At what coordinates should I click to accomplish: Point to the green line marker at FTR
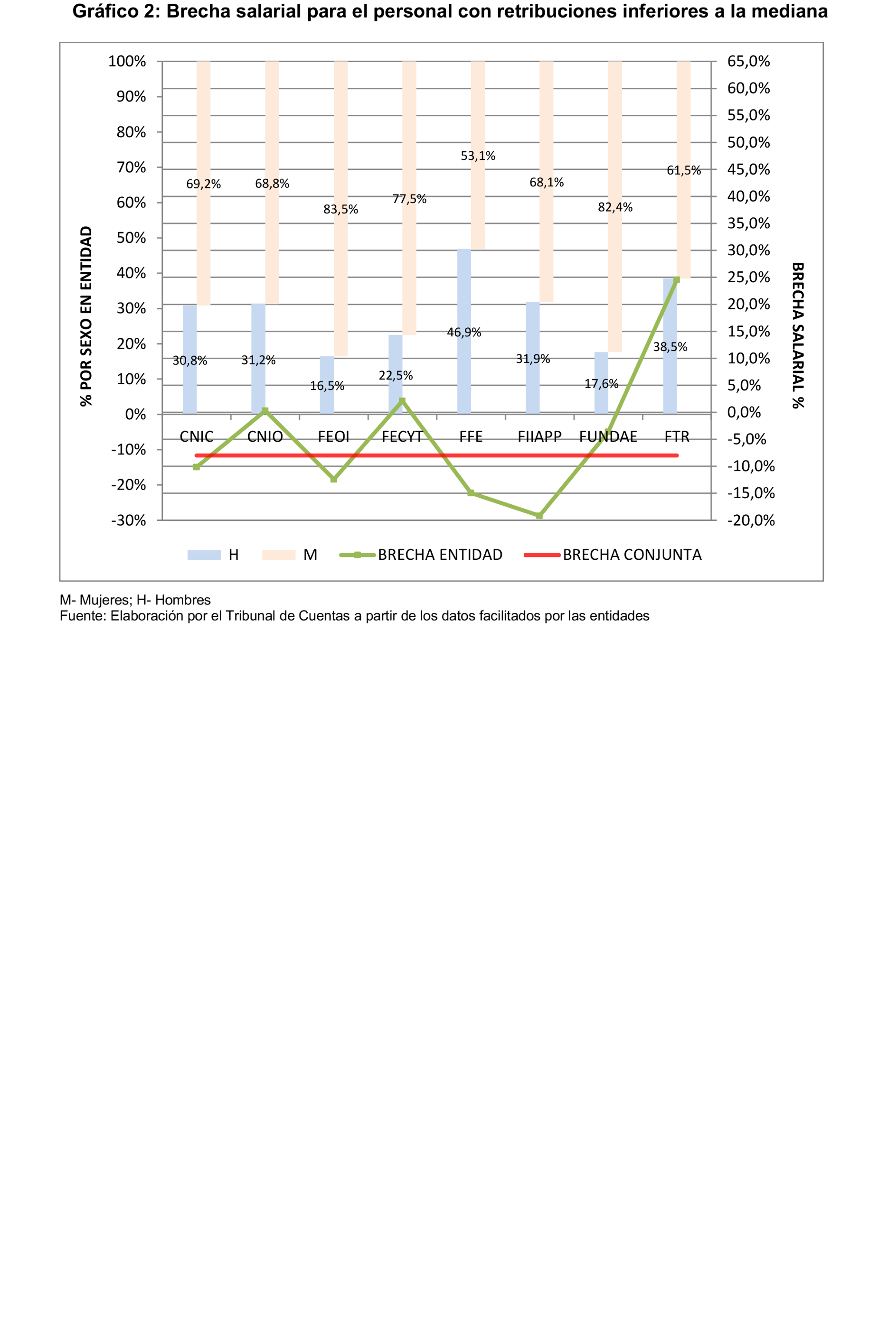(677, 279)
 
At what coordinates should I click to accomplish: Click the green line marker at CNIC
(196, 467)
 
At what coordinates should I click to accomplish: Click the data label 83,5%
(340, 210)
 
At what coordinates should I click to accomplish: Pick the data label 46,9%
(464, 333)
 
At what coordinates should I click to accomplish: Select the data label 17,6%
(601, 384)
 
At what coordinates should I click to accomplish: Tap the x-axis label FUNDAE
(608, 437)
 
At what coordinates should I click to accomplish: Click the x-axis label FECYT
(402, 437)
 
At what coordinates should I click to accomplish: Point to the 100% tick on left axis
(127, 61)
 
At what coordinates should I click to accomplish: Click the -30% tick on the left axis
(128, 520)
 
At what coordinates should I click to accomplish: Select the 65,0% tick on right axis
(748, 61)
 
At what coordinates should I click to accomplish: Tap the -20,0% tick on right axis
(751, 520)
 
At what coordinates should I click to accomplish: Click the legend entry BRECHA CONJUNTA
(632, 555)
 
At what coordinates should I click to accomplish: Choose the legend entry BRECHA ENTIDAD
(440, 555)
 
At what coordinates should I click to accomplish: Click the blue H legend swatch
(204, 555)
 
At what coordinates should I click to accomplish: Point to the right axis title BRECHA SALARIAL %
(798, 335)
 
